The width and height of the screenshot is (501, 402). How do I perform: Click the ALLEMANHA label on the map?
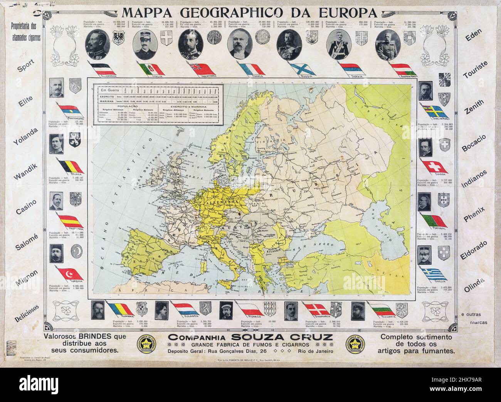coord(218,201)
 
